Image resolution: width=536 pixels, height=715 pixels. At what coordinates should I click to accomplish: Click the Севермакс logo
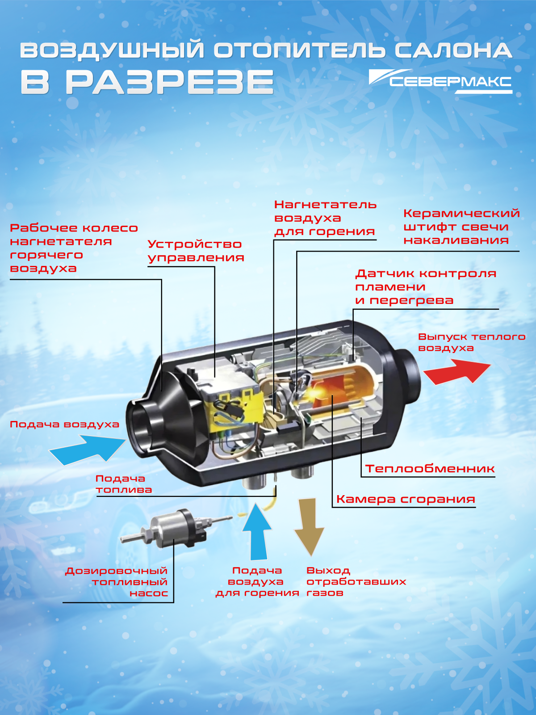440,81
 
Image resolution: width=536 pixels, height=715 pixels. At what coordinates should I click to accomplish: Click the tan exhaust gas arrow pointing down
309,526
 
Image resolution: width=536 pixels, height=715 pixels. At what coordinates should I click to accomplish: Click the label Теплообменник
430,469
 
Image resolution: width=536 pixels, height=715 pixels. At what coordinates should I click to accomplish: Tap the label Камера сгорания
406,499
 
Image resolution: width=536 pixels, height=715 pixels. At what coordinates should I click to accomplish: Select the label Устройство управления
196,251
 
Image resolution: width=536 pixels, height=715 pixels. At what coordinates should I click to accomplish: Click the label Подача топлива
124,484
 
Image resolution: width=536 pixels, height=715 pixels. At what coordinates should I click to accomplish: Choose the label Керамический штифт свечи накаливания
461,227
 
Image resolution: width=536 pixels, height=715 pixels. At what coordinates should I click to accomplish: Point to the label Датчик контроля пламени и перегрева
426,286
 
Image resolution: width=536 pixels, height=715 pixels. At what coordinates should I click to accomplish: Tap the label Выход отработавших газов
356,581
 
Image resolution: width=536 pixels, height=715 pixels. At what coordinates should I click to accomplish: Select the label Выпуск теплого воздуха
472,342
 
